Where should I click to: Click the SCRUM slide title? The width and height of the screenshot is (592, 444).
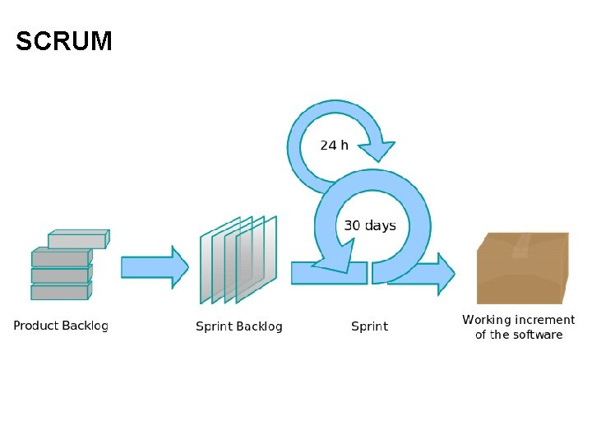(x=64, y=41)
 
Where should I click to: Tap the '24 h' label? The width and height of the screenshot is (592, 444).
(x=334, y=145)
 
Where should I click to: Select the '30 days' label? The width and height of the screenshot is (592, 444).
(x=369, y=225)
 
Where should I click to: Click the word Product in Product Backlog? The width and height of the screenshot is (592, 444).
(x=35, y=326)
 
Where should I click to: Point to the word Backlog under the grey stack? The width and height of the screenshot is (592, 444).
(x=86, y=326)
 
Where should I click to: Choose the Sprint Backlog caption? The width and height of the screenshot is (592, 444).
(x=238, y=326)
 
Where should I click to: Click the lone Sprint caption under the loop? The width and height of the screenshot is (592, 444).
(x=369, y=326)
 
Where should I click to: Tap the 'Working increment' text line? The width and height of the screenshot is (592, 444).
(x=518, y=320)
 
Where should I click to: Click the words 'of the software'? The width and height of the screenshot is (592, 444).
(x=519, y=335)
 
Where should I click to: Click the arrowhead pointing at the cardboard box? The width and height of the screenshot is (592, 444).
(x=443, y=274)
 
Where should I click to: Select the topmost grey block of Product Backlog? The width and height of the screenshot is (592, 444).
(x=76, y=240)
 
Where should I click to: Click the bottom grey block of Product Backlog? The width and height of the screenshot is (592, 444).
(x=59, y=292)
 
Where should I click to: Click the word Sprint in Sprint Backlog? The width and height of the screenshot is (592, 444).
(x=213, y=326)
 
